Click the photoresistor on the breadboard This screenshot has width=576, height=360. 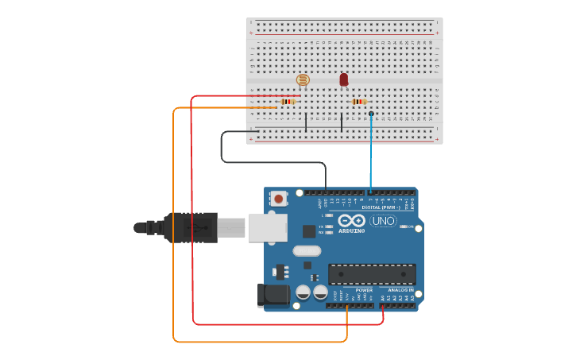pos(302,79)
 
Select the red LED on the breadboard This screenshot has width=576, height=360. pos(343,79)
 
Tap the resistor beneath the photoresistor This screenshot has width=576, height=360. pos(288,102)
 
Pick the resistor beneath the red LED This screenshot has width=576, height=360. pos(359,102)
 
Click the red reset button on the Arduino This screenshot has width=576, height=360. pos(278,198)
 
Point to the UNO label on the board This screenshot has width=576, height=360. pos(383,221)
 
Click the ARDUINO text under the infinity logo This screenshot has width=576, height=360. pos(351,231)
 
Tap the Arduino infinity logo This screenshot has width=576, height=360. pos(350,221)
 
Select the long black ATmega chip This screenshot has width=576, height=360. pos(372,274)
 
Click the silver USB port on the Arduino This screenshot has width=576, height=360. pos(267,227)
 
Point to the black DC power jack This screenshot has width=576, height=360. pos(273,295)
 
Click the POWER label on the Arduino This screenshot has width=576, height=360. pos(364,290)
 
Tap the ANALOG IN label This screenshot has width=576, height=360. pos(400,290)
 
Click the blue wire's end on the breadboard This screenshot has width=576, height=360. pos(371,114)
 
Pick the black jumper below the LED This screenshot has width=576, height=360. pos(342,122)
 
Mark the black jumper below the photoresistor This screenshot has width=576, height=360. pos(306,122)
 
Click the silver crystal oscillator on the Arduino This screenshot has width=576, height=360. pos(306,251)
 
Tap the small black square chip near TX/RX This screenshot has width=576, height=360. pos(309,231)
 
